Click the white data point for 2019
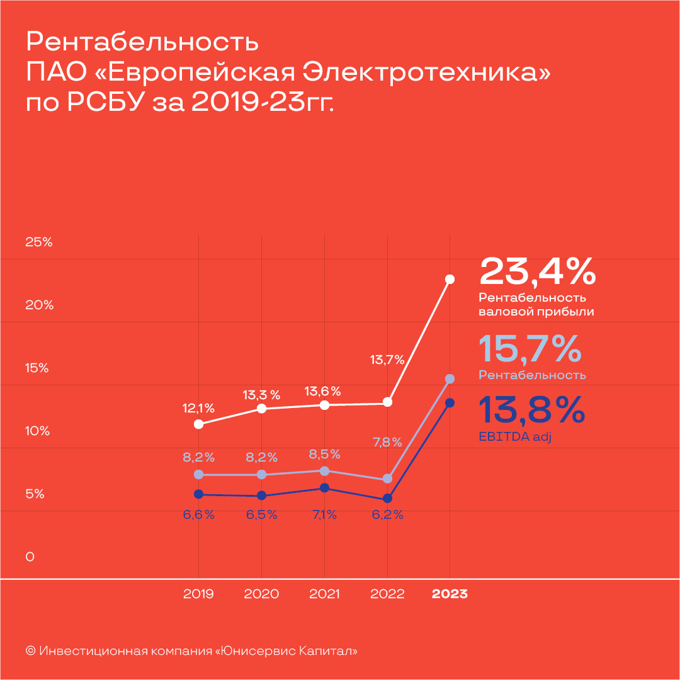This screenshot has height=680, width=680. (199, 424)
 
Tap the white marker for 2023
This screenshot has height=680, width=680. (450, 279)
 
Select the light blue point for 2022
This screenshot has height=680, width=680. (387, 479)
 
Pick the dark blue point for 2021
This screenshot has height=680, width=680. (324, 488)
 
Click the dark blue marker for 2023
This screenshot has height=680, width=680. (450, 403)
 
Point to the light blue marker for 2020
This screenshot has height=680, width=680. (262, 475)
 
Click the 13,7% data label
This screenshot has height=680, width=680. (387, 360)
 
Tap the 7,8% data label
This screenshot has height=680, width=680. (387, 442)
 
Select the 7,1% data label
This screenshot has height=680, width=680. (324, 514)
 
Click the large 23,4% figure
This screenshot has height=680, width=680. (537, 271)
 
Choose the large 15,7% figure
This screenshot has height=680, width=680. (530, 349)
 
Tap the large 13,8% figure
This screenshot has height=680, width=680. (532, 410)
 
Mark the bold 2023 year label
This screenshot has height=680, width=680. (450, 594)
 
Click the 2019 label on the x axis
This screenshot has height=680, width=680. (199, 594)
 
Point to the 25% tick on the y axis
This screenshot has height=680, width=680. (38, 242)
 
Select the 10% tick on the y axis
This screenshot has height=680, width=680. (37, 431)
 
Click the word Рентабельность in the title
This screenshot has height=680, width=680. (142, 42)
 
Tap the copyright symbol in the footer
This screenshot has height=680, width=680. (30, 650)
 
